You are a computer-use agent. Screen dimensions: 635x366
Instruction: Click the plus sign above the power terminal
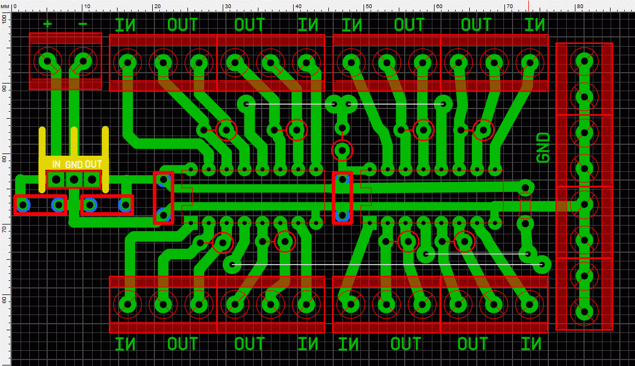click(47, 24)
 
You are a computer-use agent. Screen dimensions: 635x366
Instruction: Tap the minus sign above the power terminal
click(82, 24)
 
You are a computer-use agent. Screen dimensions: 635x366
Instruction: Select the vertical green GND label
click(543, 147)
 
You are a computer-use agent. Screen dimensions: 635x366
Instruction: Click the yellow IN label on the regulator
click(56, 164)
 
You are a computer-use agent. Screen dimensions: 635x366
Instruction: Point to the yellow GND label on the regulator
click(74, 164)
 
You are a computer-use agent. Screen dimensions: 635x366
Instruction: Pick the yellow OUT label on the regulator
click(93, 164)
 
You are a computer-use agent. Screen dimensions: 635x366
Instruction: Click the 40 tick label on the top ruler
click(298, 6)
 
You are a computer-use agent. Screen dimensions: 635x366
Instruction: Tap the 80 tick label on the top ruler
click(580, 6)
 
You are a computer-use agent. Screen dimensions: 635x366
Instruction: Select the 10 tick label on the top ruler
click(87, 6)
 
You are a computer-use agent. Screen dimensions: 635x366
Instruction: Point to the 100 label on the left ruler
click(4, 18)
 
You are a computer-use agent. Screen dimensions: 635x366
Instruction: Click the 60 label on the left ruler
click(4, 300)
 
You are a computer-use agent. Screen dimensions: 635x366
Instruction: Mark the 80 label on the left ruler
click(4, 159)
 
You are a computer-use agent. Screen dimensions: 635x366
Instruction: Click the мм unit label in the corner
click(5, 6)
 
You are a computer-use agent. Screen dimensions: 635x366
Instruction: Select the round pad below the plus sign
click(48, 61)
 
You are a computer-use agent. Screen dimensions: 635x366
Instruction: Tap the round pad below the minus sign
click(83, 61)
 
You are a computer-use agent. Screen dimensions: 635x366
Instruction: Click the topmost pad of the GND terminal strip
click(585, 61)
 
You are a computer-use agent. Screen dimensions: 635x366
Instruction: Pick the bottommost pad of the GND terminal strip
click(585, 312)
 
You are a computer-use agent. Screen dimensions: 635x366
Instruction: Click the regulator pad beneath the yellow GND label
click(74, 179)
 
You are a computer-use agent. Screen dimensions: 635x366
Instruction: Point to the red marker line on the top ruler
click(528, 5)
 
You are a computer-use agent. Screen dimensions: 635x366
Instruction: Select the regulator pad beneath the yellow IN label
click(56, 179)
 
